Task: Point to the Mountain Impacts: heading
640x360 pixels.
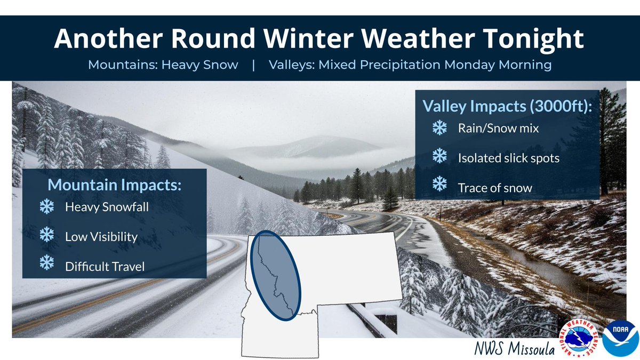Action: coord(115,185)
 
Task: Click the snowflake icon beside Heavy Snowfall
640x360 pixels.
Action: coord(47,207)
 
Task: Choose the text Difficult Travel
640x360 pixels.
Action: coord(105,266)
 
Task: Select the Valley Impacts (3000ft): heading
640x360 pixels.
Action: coord(507,106)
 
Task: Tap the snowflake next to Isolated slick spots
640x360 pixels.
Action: coord(439,156)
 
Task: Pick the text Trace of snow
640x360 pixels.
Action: coord(494,188)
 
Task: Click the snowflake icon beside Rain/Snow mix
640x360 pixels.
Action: coord(439,127)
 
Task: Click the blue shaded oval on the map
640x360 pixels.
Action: coord(276,275)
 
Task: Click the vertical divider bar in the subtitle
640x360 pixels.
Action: coord(254,65)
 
